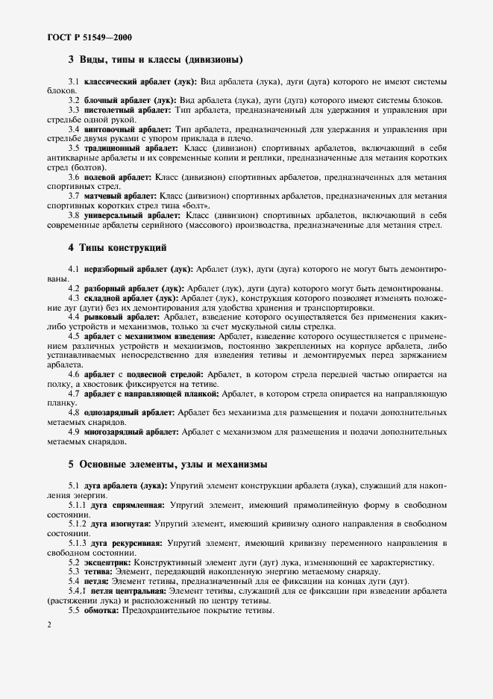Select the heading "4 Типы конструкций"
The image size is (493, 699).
pos(117,246)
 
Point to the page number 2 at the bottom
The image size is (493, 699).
pos(48,624)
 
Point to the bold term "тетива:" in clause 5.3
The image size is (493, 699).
pos(99,571)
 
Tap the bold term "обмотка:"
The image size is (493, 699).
pos(104,609)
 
